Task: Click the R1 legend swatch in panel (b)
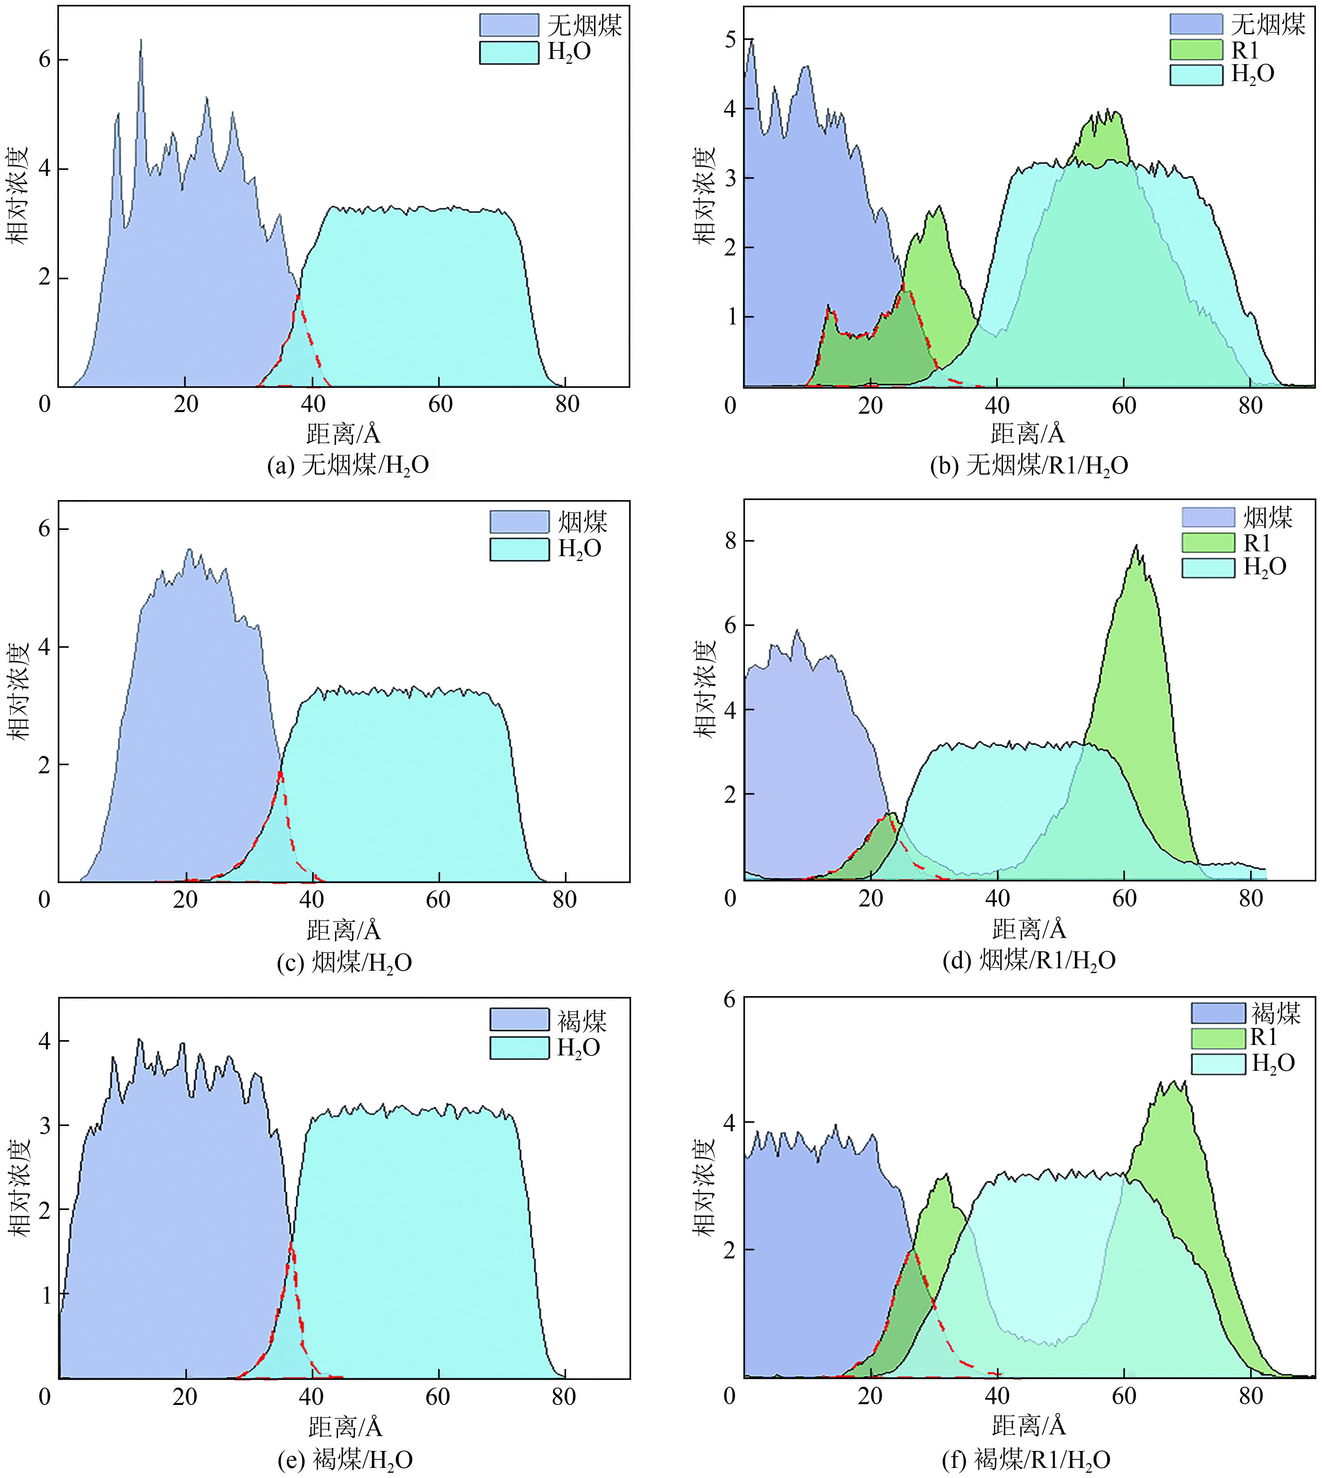1196,49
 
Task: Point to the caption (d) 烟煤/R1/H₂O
1028,961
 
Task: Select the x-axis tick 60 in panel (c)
438,900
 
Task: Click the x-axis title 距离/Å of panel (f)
1028,1426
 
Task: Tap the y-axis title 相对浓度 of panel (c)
20,690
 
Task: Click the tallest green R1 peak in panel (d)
1136,546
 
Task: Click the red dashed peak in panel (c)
280,773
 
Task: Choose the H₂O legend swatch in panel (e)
518,1047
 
